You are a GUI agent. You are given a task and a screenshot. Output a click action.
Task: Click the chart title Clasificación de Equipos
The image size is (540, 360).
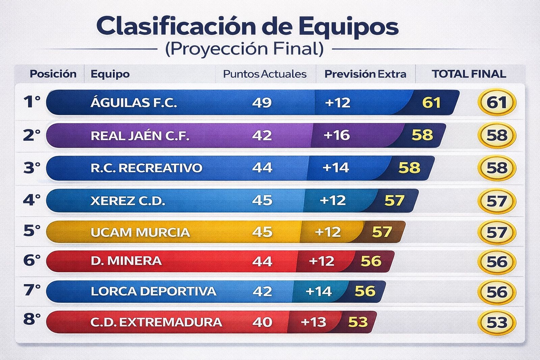[247, 26]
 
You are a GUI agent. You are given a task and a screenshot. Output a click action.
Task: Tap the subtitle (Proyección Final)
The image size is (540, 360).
[244, 49]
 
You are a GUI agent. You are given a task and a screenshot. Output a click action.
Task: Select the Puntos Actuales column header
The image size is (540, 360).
[265, 74]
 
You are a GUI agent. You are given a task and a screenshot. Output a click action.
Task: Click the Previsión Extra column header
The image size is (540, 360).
[365, 74]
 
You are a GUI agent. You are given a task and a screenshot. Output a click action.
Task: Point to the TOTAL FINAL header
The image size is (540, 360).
[469, 74]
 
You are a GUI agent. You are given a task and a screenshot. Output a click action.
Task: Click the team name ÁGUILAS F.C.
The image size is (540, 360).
[134, 103]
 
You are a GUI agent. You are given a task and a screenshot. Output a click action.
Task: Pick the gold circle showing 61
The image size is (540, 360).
[497, 103]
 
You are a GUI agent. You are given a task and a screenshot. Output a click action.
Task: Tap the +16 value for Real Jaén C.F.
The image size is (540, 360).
[336, 135]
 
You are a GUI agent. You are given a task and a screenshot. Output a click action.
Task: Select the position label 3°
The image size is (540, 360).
[32, 168]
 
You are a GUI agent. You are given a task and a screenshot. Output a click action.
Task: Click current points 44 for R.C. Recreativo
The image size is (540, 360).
[262, 168]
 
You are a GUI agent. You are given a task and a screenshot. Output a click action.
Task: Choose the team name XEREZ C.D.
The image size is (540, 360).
[128, 201]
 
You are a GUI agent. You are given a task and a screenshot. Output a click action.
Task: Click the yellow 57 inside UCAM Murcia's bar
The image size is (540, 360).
[382, 232]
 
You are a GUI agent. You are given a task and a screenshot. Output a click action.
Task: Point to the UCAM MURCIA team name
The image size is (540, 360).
[140, 232]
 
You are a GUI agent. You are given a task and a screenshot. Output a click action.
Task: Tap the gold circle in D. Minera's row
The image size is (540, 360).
[497, 262]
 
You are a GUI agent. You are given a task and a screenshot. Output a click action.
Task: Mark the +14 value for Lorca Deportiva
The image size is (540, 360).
[318, 292]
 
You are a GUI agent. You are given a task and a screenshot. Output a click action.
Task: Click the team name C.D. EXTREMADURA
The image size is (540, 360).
[156, 322]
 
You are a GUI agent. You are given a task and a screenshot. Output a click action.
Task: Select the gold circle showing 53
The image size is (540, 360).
[497, 323]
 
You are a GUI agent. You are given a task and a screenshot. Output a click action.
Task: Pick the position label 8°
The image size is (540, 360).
[32, 319]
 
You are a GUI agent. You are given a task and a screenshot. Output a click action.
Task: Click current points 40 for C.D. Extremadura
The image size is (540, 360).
[262, 322]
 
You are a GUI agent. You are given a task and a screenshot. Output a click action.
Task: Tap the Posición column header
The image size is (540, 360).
[53, 74]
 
